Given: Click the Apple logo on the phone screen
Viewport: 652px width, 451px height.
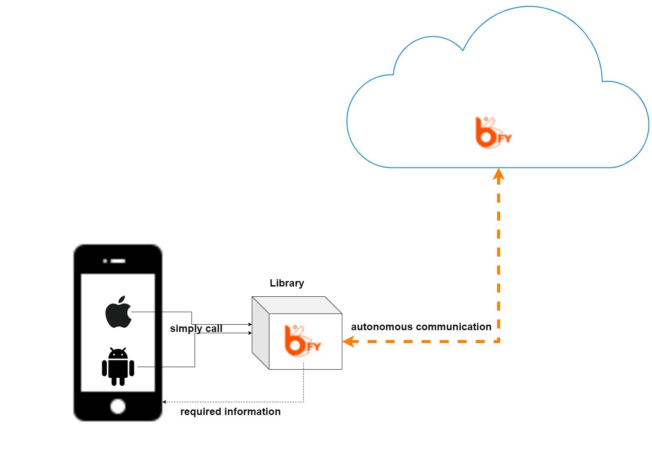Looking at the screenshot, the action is [x=118, y=312].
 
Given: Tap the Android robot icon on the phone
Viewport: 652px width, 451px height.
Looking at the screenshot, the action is [x=118, y=367].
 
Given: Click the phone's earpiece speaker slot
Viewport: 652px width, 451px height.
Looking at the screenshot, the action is [x=118, y=261].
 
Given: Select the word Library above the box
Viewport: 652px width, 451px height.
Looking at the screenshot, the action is [x=287, y=284].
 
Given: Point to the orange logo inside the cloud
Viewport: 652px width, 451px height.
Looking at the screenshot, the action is [x=493, y=133].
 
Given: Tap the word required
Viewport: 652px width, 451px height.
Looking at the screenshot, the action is [x=201, y=412].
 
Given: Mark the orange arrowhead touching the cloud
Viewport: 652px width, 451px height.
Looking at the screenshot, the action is [x=498, y=174].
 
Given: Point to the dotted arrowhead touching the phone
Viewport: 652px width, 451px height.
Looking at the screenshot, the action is [x=164, y=402].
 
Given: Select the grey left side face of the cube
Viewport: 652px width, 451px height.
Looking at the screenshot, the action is [x=260, y=333].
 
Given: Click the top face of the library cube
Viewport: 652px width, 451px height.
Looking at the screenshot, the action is [x=297, y=305].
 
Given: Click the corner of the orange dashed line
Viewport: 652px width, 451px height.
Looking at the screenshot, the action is [x=498, y=341].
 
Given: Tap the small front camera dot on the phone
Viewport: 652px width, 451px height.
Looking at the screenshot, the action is [x=105, y=261].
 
